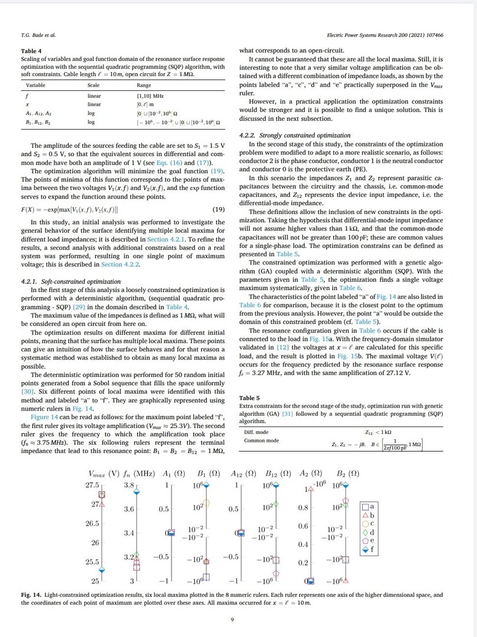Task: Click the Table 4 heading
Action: pos(31,51)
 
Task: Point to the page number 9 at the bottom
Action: pos(238,619)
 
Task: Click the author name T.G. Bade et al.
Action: pos(38,35)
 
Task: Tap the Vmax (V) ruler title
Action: pos(103,473)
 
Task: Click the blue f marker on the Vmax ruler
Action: pos(102,570)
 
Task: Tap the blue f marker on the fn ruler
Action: pos(136,491)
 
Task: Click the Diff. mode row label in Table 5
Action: pos(256,432)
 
